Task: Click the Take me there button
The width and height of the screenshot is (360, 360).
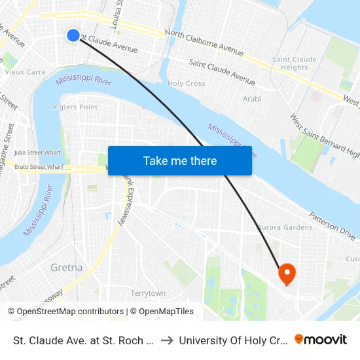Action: coord(180,160)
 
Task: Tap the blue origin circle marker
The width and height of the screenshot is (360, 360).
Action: coord(73,35)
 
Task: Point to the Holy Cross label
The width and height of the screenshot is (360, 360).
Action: coord(187,84)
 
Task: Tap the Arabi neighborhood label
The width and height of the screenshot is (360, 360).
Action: coord(252,99)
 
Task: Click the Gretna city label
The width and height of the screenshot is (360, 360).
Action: coord(67,268)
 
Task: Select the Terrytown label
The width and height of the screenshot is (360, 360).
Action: coord(148,293)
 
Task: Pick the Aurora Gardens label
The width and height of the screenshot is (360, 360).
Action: coord(285,227)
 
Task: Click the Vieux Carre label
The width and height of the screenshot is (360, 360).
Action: coord(24,72)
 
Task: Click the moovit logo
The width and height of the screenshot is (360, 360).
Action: coord(321,339)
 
